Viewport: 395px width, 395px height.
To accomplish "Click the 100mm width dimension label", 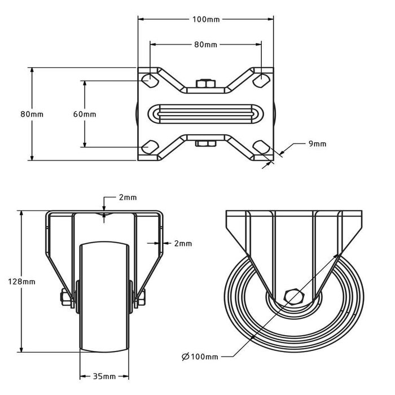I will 206,19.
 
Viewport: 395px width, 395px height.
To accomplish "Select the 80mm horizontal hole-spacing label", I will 206,43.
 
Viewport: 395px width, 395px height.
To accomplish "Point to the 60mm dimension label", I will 85,113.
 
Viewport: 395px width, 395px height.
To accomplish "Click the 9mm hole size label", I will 317,144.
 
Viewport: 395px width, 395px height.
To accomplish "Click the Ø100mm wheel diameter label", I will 200,356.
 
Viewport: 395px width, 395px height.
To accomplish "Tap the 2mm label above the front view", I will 127,197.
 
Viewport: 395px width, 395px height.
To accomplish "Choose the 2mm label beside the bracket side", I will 183,244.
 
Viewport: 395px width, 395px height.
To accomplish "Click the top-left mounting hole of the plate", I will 150,80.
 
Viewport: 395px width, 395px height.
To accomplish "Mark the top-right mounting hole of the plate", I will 261,80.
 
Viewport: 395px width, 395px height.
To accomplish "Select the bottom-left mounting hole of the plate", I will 150,147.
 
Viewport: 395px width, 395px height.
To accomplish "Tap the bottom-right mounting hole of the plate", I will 261,147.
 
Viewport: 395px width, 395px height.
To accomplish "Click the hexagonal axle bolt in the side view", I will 293,296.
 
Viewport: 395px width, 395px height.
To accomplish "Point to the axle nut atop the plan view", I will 205,85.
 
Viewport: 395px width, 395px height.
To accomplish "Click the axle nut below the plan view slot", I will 205,143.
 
